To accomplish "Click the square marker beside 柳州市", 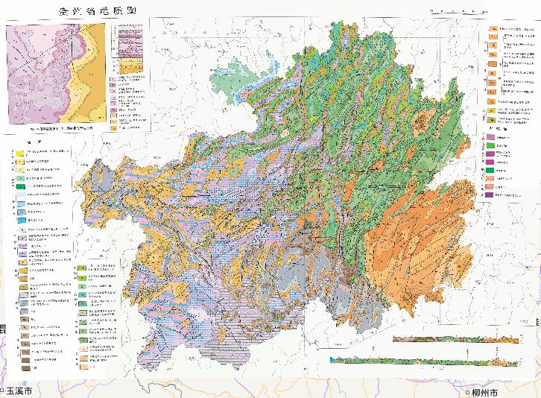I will (x=468, y=392).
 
